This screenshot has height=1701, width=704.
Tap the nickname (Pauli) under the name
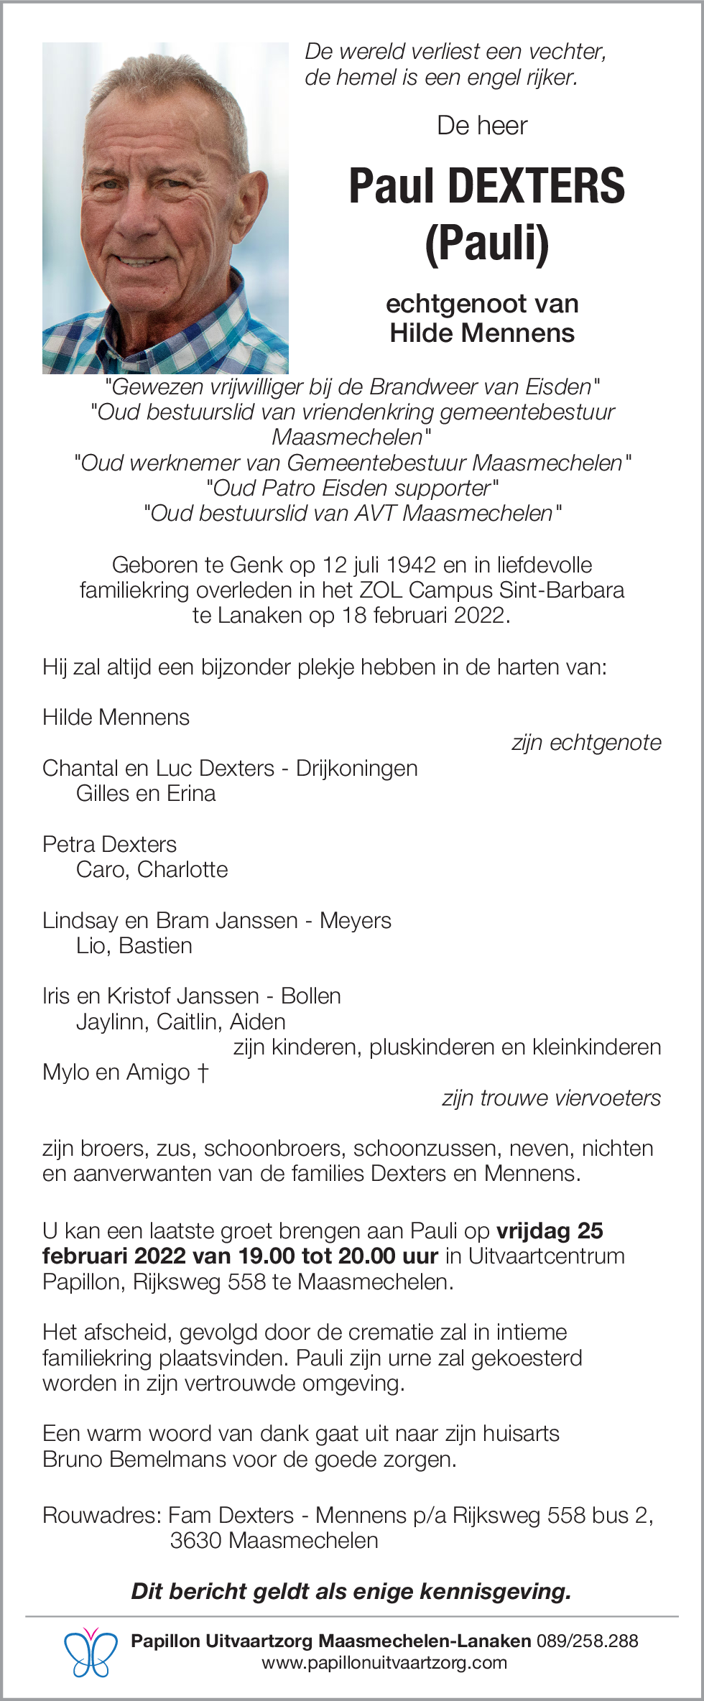(x=487, y=244)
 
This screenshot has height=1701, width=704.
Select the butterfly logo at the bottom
(x=91, y=1651)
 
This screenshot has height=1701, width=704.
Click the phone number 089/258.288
(x=587, y=1641)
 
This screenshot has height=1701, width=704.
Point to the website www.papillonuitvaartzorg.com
(x=384, y=1662)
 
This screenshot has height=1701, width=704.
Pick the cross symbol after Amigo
(x=203, y=1072)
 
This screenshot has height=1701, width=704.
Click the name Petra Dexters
(x=109, y=844)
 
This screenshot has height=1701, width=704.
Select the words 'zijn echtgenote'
(x=586, y=743)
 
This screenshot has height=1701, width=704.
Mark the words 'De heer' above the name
(x=482, y=126)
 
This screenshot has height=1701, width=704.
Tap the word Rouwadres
(x=101, y=1515)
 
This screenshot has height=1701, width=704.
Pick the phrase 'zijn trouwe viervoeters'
(x=551, y=1098)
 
